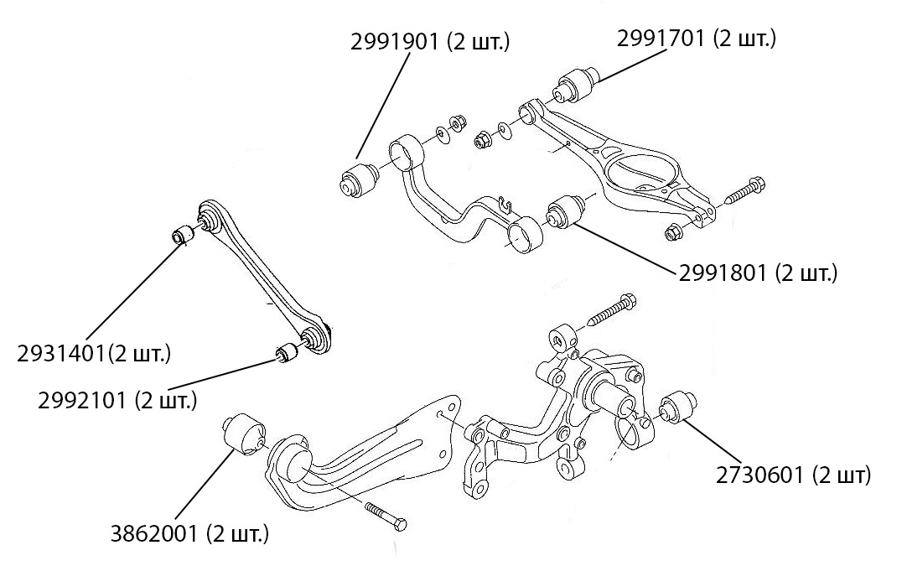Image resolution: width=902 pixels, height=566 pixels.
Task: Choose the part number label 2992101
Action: click(x=117, y=400)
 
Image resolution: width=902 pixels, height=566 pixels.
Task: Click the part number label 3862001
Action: click(x=190, y=532)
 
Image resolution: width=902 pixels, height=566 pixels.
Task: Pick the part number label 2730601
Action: click(x=794, y=475)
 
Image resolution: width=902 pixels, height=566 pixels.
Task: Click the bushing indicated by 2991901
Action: click(x=357, y=179)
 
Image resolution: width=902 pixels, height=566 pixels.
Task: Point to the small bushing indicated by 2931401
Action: click(x=184, y=235)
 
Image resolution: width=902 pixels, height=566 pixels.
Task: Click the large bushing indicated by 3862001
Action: click(x=242, y=433)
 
